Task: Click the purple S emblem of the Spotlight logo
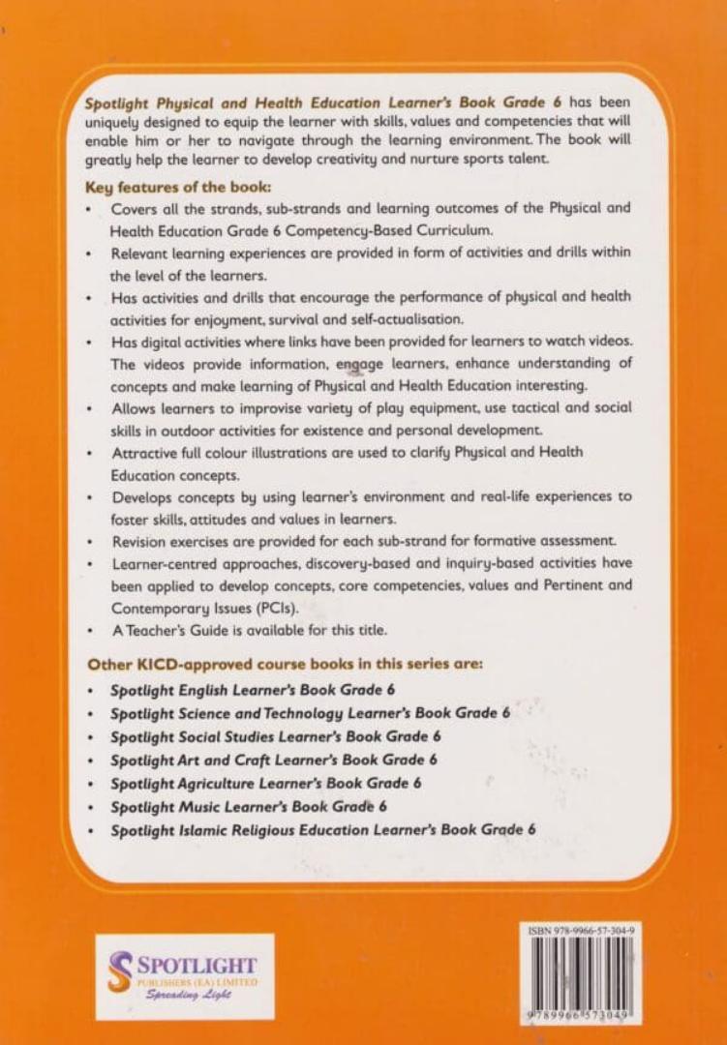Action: [120, 970]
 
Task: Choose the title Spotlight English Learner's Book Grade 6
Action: [253, 690]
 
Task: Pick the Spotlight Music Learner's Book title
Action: [248, 806]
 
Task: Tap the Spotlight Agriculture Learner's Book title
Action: [265, 783]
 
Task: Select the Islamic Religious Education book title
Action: [322, 829]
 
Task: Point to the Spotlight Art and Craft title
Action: [273, 760]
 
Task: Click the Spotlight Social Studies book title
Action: [276, 736]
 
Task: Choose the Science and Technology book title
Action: [309, 713]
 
